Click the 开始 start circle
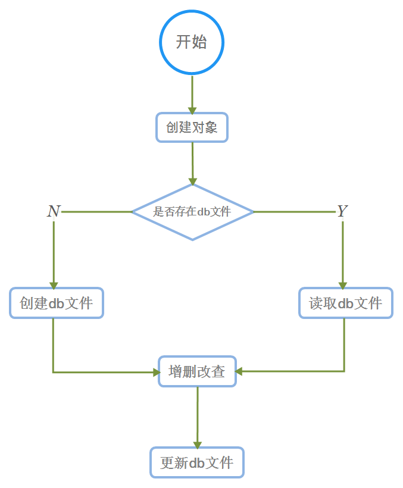(192, 42)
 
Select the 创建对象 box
(192, 127)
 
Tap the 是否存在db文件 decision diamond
(192, 212)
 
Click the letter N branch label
(54, 211)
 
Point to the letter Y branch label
(342, 211)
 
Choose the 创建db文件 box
(57, 304)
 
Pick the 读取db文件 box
(345, 304)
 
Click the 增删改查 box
(197, 372)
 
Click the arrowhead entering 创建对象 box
(192, 110)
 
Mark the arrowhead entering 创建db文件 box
(54, 284)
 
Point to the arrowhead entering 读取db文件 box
(343, 284)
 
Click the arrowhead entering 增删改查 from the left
(156, 373)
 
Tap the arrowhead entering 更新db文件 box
(197, 445)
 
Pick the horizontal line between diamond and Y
(295, 212)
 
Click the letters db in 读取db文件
(346, 304)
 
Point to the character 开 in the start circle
(183, 42)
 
